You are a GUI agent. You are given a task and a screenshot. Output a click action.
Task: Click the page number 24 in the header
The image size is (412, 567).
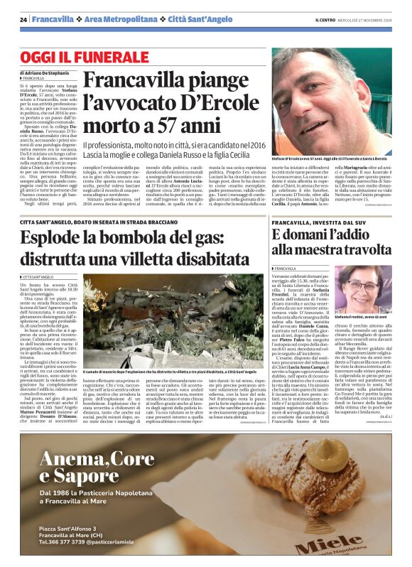coord(23,19)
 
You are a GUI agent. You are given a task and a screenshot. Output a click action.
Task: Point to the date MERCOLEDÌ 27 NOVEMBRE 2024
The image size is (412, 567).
coord(371,19)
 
